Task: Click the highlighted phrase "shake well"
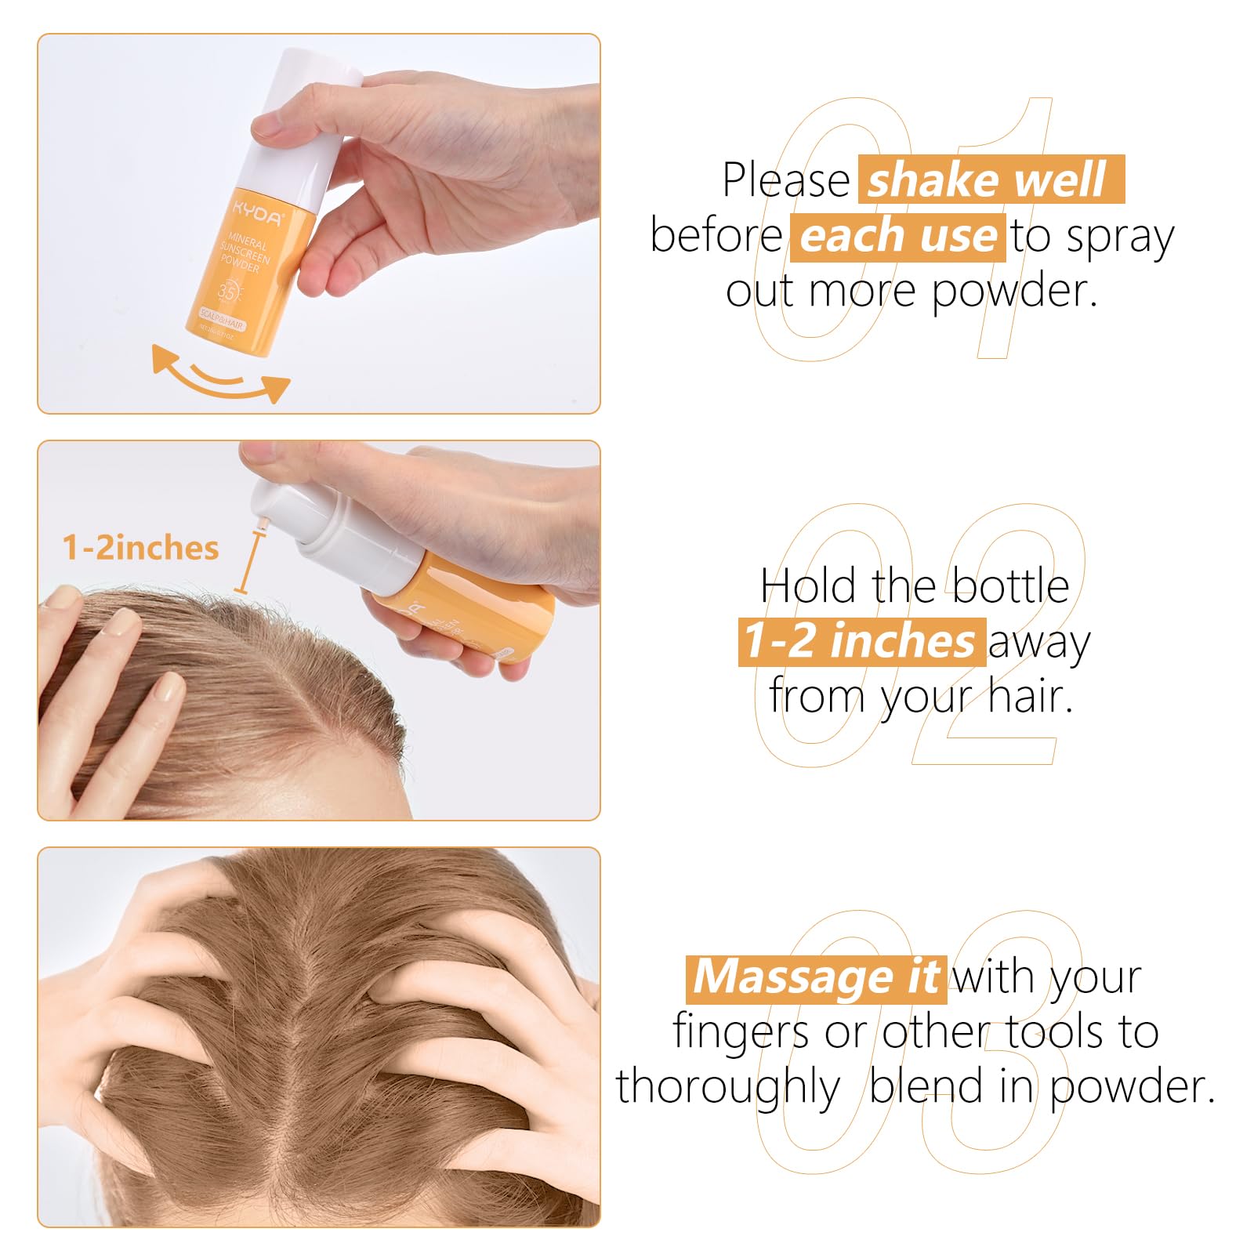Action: click(x=990, y=180)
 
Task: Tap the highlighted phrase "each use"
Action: click(x=898, y=237)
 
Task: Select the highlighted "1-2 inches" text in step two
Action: click(x=861, y=641)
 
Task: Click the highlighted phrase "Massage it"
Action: click(x=816, y=977)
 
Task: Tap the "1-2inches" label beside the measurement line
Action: click(x=141, y=548)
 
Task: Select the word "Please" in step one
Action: click(x=785, y=180)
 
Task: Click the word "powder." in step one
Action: click(x=1015, y=292)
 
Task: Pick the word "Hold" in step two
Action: click(x=807, y=586)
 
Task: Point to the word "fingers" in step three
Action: click(x=741, y=1033)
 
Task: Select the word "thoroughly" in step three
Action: click(x=728, y=1088)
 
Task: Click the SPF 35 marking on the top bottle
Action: click(x=228, y=292)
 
